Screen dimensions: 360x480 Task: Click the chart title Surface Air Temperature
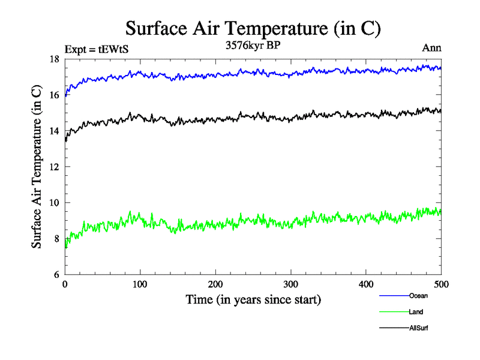click(253, 28)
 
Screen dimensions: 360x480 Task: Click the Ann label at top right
click(432, 49)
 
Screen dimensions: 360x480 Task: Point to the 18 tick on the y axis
click(54, 59)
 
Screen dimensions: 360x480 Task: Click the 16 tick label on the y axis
click(54, 95)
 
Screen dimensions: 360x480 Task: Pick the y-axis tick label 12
click(54, 167)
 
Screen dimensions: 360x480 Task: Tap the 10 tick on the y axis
click(54, 203)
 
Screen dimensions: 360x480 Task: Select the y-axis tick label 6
click(56, 275)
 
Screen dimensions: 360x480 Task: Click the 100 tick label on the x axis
click(140, 284)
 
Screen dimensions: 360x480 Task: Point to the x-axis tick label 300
click(291, 284)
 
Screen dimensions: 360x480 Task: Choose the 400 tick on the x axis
click(366, 284)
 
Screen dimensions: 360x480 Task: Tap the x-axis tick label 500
click(441, 284)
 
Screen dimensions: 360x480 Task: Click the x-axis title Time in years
click(253, 299)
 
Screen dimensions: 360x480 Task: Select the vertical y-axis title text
click(37, 167)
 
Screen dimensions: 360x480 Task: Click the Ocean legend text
click(418, 296)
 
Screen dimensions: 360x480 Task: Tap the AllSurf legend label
click(419, 328)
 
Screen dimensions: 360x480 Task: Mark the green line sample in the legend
click(394, 312)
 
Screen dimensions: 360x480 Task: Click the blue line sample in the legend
click(394, 296)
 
